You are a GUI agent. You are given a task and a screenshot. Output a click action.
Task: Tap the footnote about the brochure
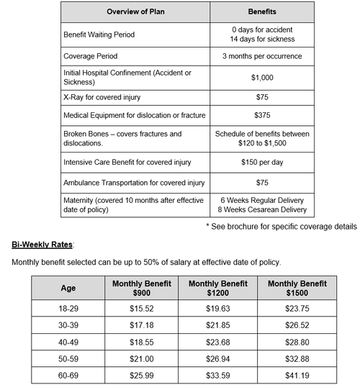click(x=281, y=227)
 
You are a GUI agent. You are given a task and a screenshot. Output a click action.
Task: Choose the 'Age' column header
click(x=68, y=289)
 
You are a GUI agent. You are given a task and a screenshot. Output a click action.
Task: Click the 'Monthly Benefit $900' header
click(x=142, y=289)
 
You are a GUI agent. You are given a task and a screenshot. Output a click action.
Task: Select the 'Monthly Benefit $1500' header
click(x=297, y=289)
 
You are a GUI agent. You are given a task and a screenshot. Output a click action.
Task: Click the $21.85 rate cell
click(x=218, y=327)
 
